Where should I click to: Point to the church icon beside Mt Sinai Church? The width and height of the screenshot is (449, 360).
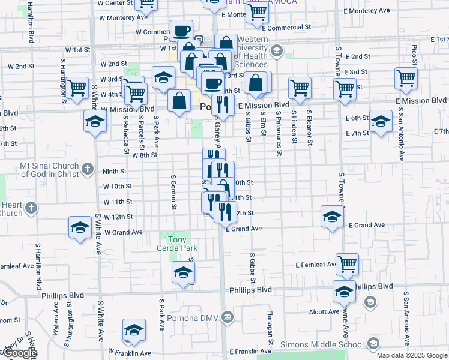[88, 169]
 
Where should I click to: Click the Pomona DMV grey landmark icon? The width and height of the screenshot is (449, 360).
[227, 317]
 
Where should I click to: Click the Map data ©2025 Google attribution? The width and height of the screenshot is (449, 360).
[412, 355]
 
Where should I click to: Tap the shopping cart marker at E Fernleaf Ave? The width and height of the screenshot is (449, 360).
[347, 263]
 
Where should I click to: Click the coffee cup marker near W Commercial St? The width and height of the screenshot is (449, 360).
[181, 30]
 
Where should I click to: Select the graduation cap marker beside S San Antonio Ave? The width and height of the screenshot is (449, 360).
[381, 121]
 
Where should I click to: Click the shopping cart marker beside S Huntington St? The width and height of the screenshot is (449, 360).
[77, 88]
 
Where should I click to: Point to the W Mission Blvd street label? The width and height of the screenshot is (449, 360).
[128, 109]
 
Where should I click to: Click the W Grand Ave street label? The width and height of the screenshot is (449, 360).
[123, 232]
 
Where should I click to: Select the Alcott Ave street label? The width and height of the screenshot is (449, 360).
[325, 311]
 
